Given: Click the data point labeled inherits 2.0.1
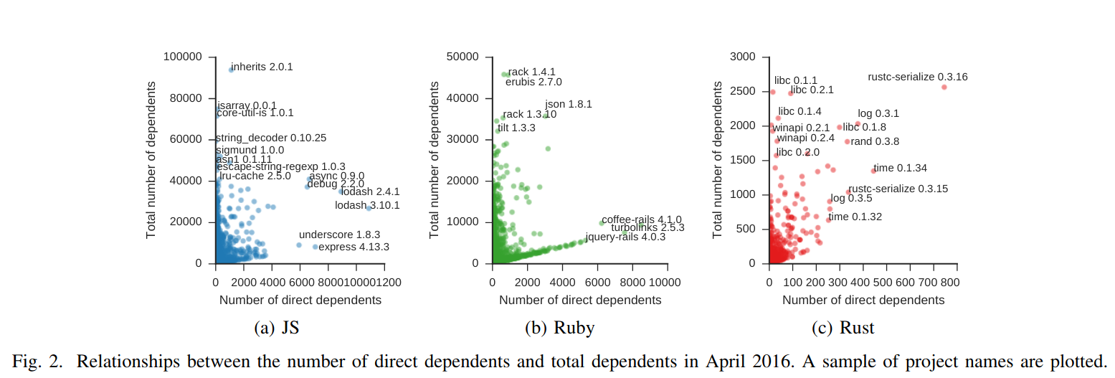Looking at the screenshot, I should [231, 70].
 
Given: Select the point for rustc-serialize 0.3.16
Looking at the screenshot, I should [944, 87].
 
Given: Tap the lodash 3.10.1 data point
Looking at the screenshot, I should [369, 208].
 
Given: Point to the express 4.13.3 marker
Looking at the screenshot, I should [315, 247].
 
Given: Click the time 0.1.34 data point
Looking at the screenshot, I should [873, 170].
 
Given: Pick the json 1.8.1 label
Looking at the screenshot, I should [568, 104].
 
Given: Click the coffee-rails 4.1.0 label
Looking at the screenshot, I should [641, 219].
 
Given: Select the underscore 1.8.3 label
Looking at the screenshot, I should [339, 235].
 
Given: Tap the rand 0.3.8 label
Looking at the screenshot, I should [874, 141].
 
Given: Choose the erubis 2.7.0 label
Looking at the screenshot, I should [533, 82].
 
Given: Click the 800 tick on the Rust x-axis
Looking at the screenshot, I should [950, 282].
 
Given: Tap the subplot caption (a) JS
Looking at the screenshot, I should [277, 328].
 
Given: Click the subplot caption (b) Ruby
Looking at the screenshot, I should [560, 328].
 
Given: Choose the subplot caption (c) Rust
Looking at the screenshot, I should [843, 328].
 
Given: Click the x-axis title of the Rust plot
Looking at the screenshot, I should [863, 300].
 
